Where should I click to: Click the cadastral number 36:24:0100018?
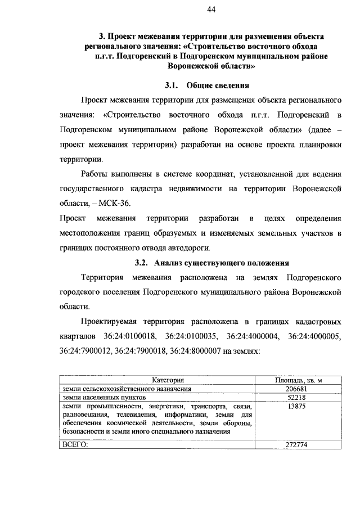tap(130, 336)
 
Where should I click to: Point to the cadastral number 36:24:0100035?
tap(191, 336)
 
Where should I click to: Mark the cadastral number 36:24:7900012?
tap(84, 350)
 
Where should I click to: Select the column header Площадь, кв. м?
tap(298, 381)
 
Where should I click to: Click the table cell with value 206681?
tap(298, 389)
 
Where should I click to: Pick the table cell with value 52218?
tap(298, 397)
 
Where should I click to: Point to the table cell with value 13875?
tap(298, 406)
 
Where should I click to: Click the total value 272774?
tap(298, 445)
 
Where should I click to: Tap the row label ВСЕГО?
tap(75, 445)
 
